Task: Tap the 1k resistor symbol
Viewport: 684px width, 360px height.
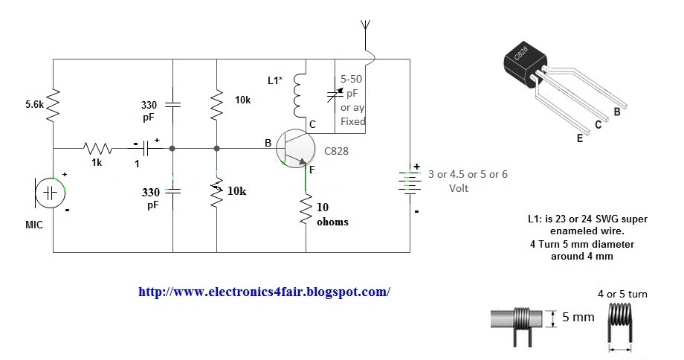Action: tap(94, 148)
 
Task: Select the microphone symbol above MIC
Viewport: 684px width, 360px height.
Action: tap(49, 193)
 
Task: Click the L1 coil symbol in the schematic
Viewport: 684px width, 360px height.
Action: tap(299, 96)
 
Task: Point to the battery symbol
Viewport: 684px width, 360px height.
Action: tap(410, 184)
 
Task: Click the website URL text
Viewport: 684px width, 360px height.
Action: tap(264, 292)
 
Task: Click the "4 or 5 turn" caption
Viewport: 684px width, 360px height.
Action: tap(622, 294)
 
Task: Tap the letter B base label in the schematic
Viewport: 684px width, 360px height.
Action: tap(268, 141)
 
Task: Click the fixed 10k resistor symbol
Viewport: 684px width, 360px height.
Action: tap(216, 104)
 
